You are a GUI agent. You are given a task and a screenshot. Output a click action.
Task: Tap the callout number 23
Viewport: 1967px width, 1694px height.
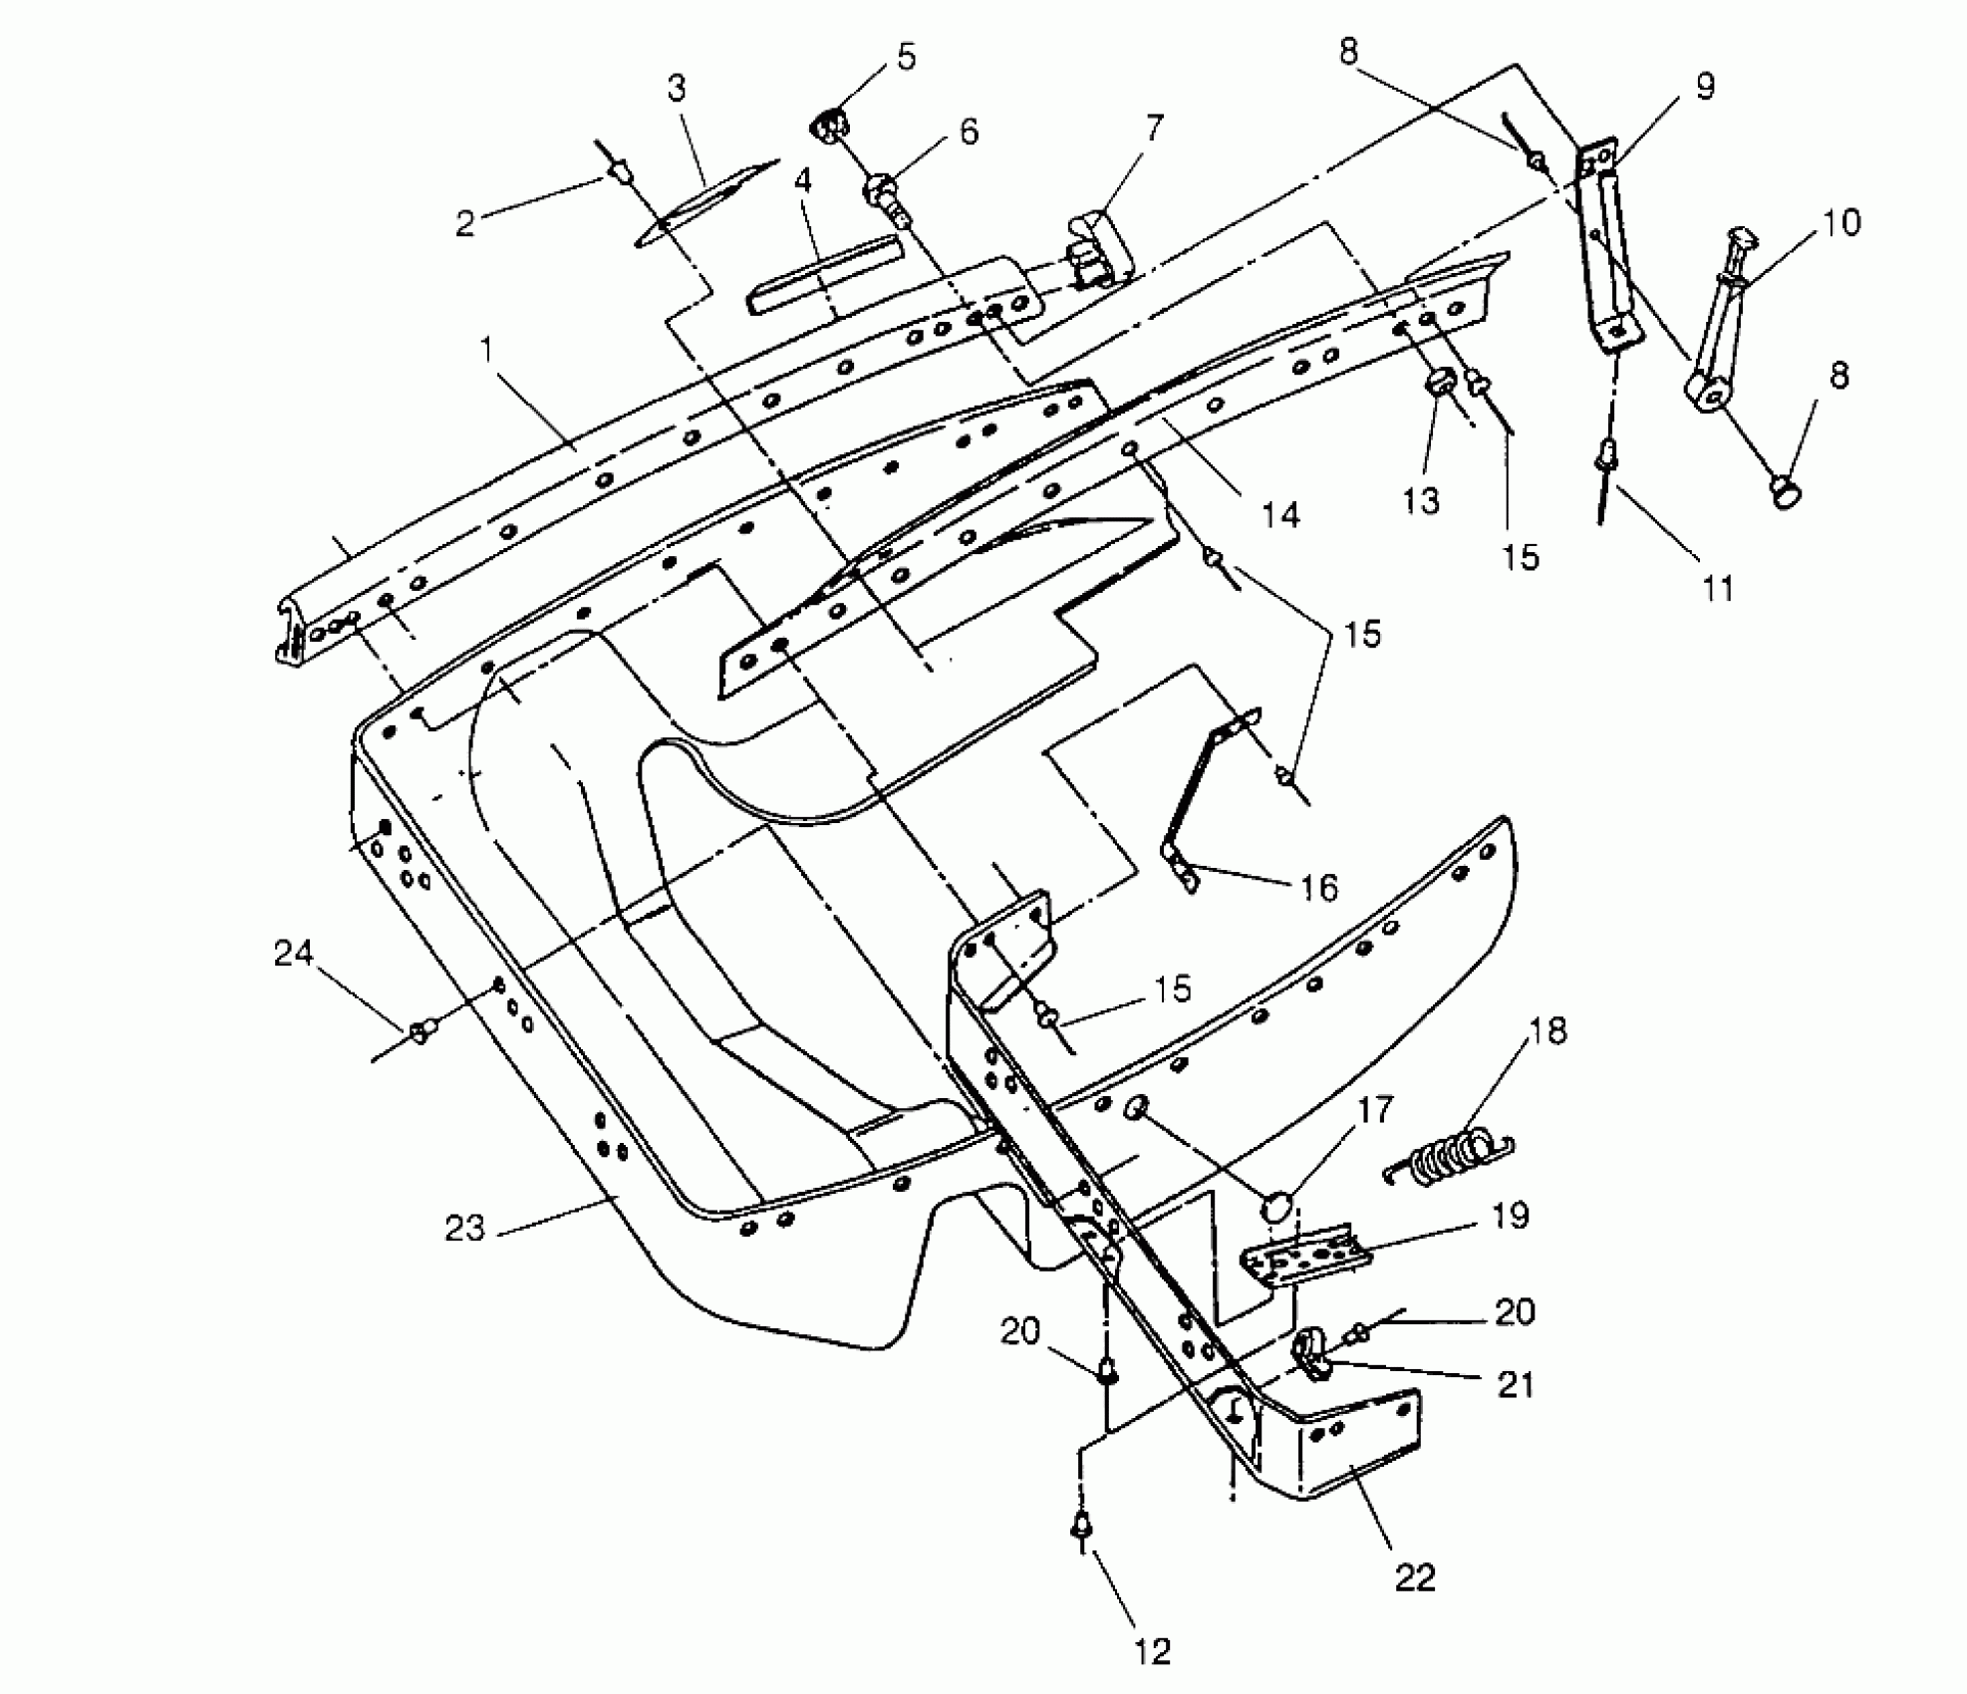click(464, 1229)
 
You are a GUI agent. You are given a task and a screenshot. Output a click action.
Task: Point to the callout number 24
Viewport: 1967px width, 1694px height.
click(294, 955)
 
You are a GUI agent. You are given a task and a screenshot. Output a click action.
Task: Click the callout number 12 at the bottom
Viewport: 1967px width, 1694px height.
click(1152, 1652)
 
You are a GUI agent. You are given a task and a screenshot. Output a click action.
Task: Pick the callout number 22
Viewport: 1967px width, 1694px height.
click(1415, 1577)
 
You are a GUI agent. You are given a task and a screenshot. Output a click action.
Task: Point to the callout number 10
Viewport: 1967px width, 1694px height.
click(1841, 222)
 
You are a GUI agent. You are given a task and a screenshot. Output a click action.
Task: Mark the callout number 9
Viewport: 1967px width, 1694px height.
click(1705, 87)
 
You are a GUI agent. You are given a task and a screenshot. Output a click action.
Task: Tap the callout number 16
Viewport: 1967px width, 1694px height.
click(1319, 887)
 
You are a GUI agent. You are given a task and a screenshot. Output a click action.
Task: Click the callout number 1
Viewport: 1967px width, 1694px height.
click(487, 350)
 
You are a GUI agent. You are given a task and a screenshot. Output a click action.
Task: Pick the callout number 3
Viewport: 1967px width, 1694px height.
click(678, 89)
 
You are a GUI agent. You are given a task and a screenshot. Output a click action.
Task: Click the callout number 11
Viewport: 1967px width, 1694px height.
click(1717, 589)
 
